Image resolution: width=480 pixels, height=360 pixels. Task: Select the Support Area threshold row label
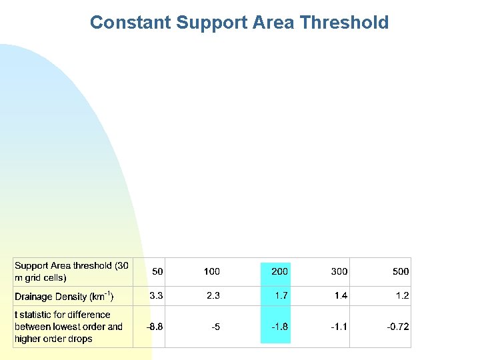coord(71,271)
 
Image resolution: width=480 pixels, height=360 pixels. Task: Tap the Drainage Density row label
coord(64,296)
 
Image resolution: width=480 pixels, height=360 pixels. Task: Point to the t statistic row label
coord(69,327)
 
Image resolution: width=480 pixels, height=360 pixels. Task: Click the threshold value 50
coord(158,271)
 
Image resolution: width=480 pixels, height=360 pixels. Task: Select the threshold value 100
coord(211,271)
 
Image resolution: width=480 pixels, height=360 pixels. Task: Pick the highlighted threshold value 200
coord(279,271)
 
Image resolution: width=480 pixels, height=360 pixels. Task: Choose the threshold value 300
coord(339,271)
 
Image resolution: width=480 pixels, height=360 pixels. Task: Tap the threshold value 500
coord(401,271)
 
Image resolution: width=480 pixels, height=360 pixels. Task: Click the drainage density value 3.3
coord(156,295)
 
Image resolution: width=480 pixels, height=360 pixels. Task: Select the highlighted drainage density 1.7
coord(281,295)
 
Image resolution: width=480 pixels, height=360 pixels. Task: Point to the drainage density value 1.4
coord(341,295)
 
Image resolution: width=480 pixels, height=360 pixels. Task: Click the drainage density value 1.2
coord(402,295)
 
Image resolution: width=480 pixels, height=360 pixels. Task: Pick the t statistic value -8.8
coord(155,327)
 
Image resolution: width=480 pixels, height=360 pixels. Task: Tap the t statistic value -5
coord(215,327)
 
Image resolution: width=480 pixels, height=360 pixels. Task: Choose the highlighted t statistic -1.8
coord(280,327)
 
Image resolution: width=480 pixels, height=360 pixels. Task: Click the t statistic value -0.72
coord(398,327)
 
